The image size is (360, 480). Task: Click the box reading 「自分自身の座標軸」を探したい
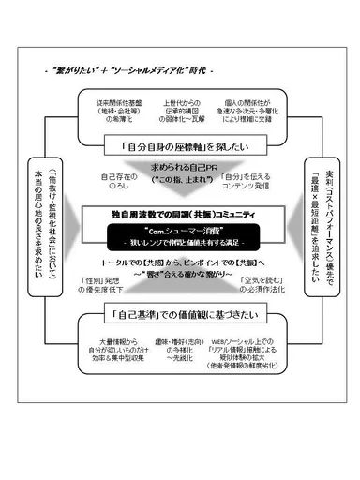(179, 146)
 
